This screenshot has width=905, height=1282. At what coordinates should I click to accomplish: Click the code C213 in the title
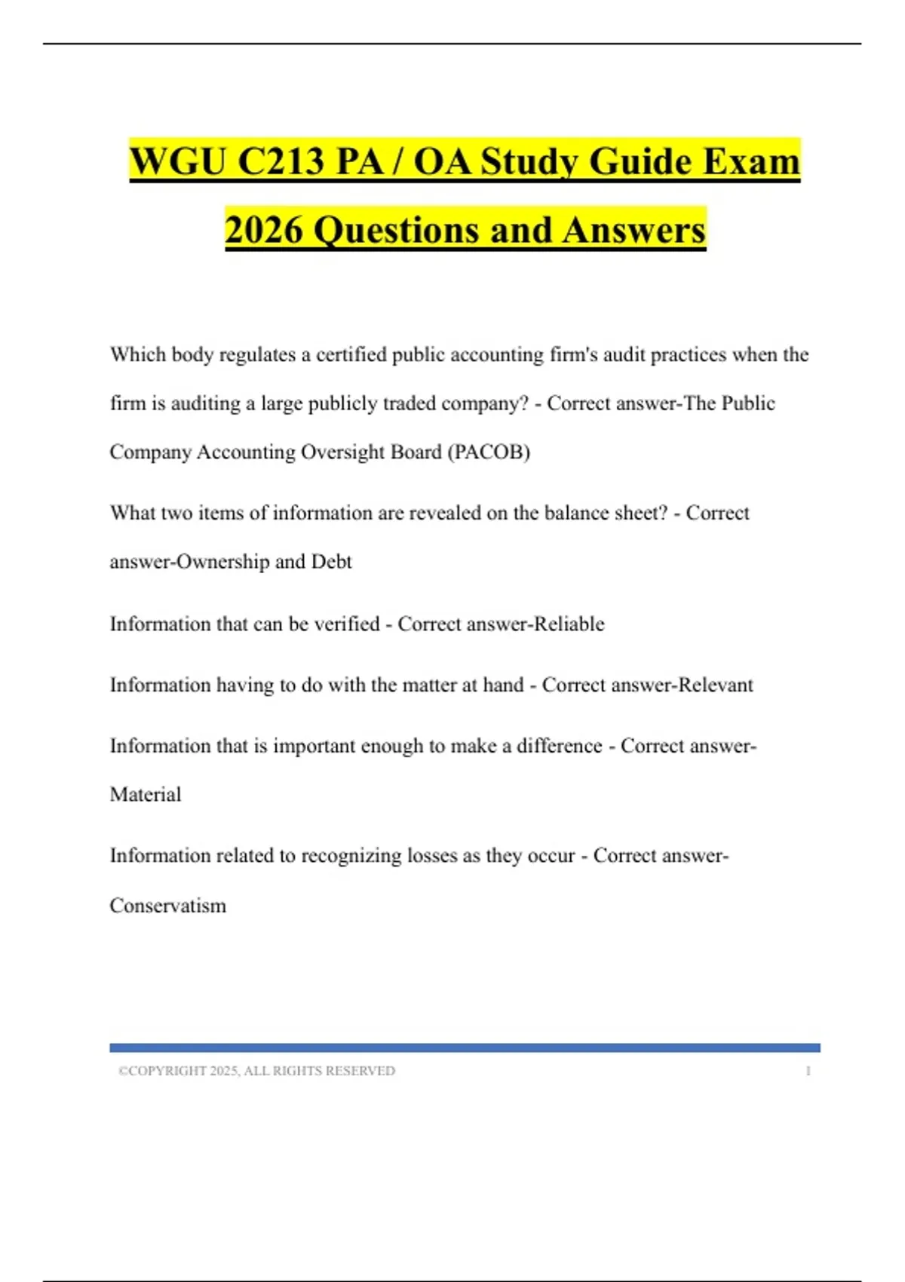point(281,161)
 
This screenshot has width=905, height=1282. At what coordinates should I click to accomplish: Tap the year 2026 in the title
point(263,230)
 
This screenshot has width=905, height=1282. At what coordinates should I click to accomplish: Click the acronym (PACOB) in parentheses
point(489,452)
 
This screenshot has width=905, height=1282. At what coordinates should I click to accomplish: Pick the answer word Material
point(146,794)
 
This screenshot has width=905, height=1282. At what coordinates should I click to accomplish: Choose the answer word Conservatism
point(167,905)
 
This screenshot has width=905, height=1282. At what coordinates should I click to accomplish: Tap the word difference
point(559,746)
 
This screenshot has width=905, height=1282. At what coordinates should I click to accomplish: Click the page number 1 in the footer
point(808,1071)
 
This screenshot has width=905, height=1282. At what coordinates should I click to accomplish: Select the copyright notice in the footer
point(256,1071)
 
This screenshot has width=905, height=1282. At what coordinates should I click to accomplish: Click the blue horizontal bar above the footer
point(465,1047)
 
